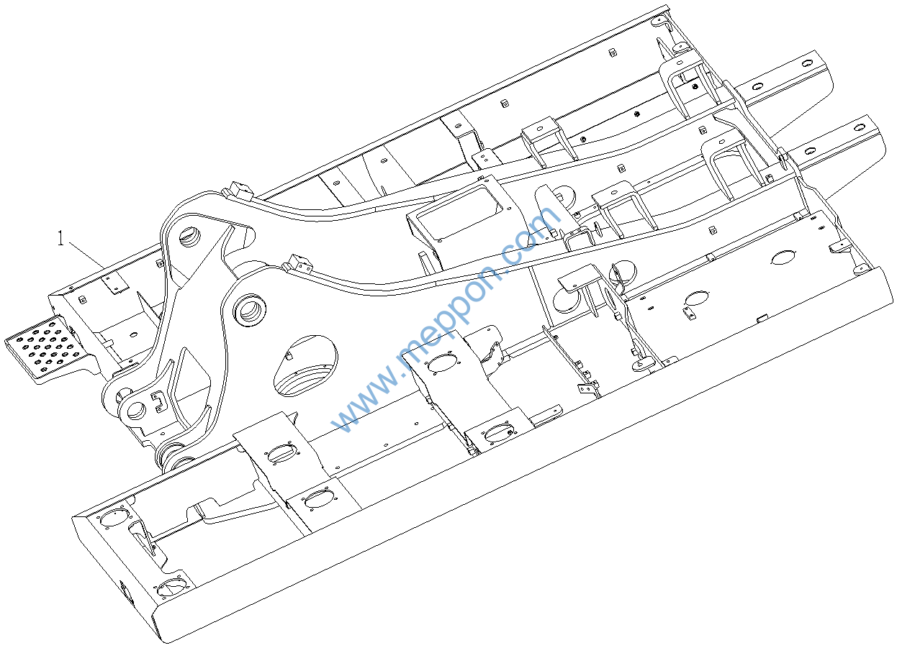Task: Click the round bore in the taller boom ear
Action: (194, 234)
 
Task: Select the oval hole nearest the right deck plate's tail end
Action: (783, 257)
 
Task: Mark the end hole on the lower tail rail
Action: (859, 127)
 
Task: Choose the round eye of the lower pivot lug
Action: (133, 411)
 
